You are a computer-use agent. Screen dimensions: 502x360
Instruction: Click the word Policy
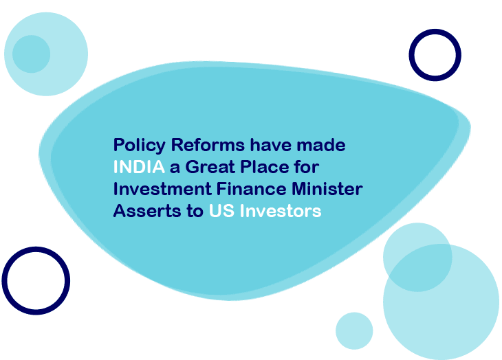[x=140, y=146]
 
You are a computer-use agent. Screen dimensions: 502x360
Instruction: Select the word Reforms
[x=208, y=145]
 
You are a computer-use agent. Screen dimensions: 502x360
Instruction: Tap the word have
[x=271, y=145]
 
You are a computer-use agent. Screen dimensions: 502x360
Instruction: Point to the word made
[x=321, y=145]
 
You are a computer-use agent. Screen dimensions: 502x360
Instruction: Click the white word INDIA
[x=139, y=167]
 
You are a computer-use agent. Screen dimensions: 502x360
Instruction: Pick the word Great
[x=210, y=167]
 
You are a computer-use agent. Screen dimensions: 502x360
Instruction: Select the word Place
[x=265, y=167]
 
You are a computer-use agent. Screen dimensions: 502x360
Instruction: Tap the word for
[x=307, y=167]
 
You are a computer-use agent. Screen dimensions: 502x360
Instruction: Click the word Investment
[x=162, y=189]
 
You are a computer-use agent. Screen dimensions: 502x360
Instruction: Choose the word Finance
[x=251, y=189]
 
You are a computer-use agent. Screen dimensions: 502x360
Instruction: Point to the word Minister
[x=327, y=189]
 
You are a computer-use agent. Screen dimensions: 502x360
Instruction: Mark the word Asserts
[x=147, y=211]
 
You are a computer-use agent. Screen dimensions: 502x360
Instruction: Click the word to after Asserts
[x=195, y=212]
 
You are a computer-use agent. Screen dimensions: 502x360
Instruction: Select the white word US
[x=221, y=211]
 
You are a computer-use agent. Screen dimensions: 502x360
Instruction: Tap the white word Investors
[x=281, y=211]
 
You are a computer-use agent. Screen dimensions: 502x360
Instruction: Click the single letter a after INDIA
[x=175, y=168]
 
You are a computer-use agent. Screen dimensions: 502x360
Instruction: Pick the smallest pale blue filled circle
[x=354, y=330]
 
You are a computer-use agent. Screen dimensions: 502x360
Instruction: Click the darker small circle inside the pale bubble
[x=32, y=54]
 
